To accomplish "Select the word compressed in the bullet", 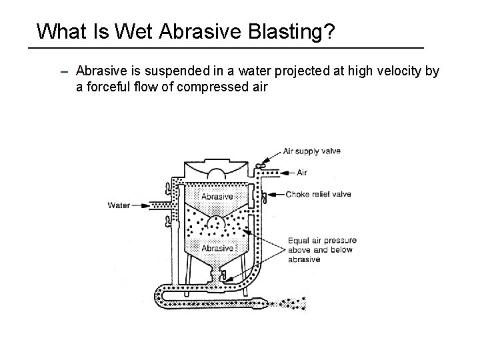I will pos(217,86).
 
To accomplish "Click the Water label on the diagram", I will pos(119,205).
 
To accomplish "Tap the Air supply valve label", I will pos(311,151).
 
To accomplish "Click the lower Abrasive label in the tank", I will pos(217,247).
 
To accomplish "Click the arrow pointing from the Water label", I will pos(143,205).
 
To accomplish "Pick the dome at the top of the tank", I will pos(217,174).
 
